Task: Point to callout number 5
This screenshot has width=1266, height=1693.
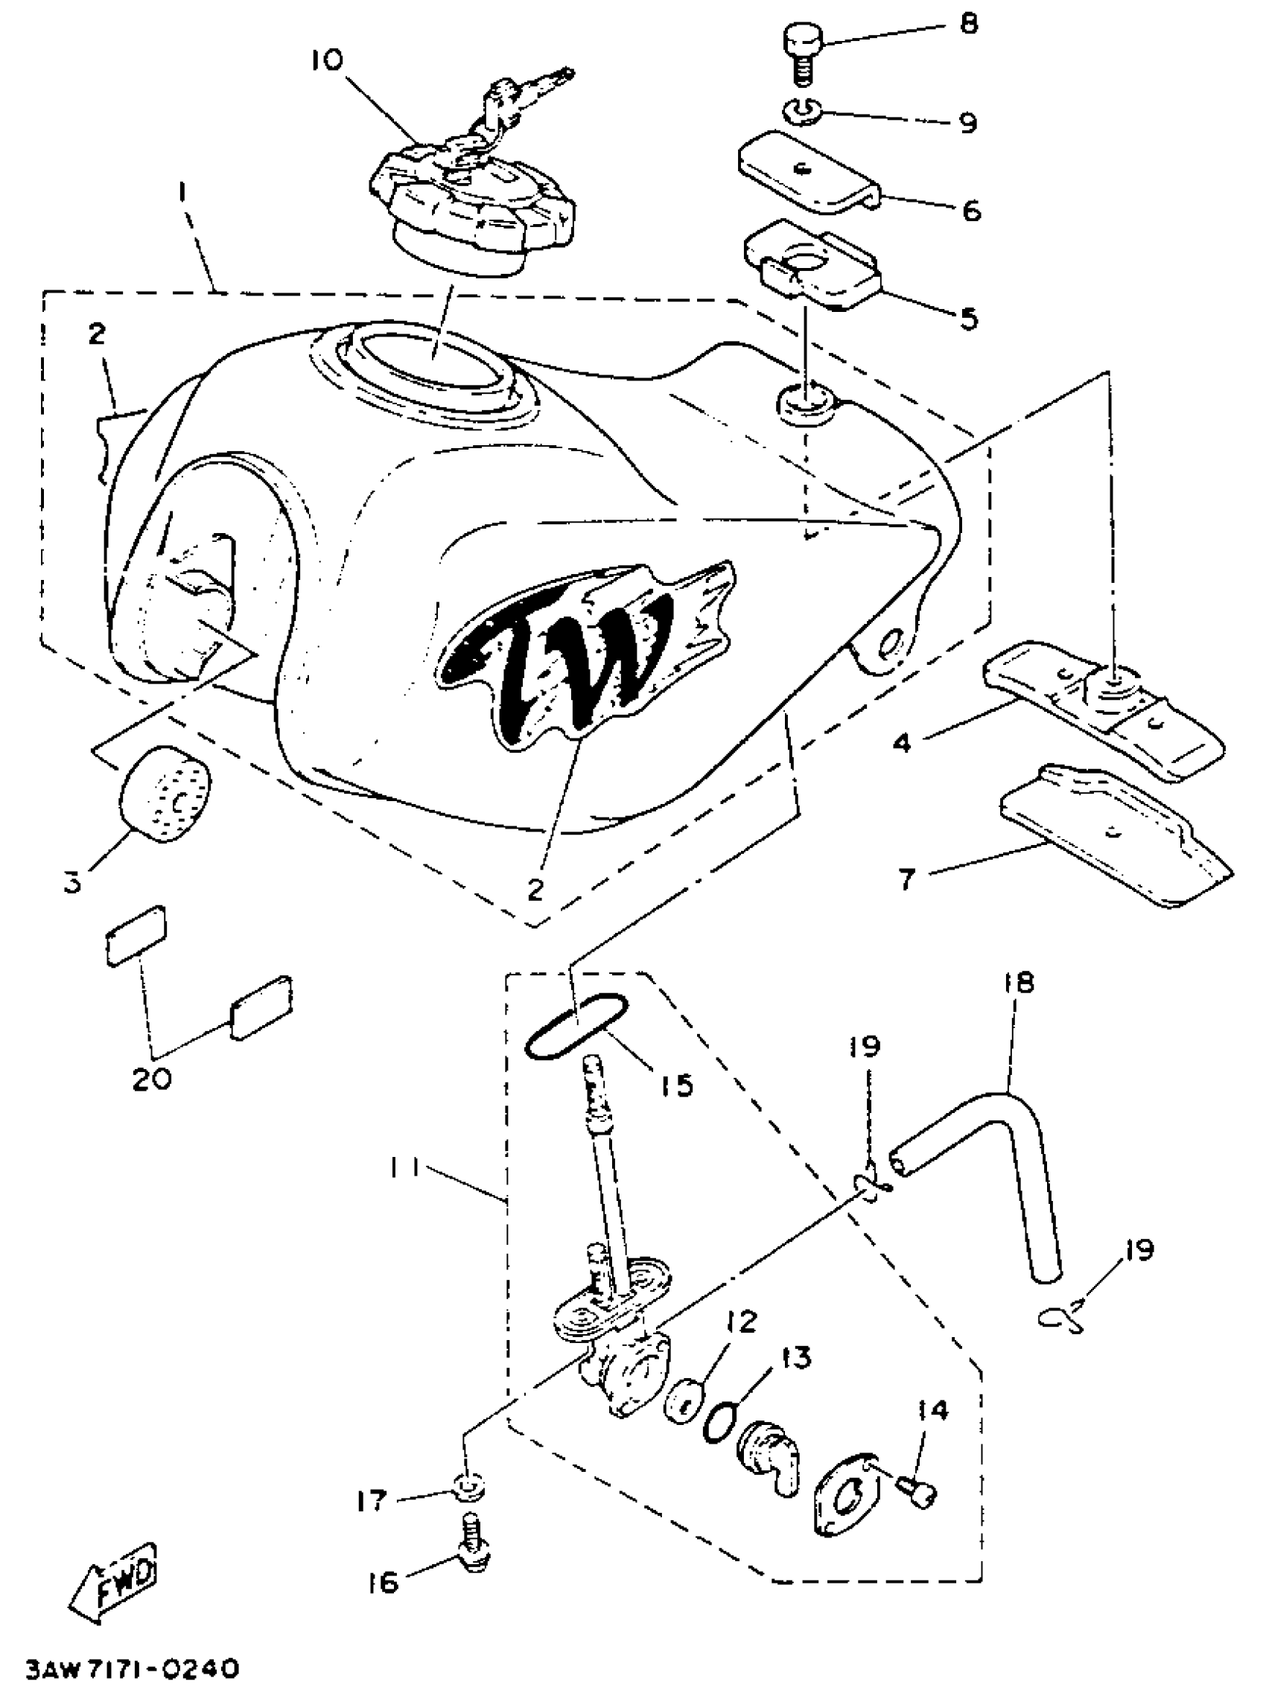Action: (969, 319)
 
